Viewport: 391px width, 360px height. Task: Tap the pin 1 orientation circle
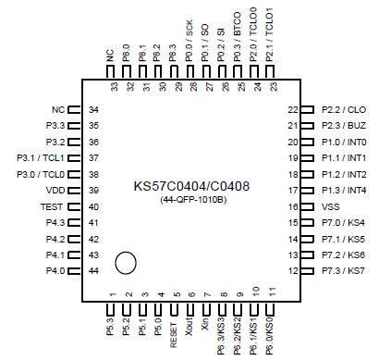(x=127, y=263)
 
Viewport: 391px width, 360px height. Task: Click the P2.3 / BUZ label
(x=345, y=126)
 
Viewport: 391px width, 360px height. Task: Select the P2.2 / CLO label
(x=345, y=109)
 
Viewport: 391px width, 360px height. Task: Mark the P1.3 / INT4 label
(x=345, y=191)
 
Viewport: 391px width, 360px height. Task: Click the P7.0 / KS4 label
(x=344, y=223)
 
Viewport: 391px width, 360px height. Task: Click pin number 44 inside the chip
(x=93, y=271)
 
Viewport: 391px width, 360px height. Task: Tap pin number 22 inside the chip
(x=291, y=109)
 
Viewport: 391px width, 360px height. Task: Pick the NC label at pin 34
(x=57, y=109)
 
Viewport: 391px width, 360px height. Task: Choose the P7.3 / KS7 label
(x=344, y=271)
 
